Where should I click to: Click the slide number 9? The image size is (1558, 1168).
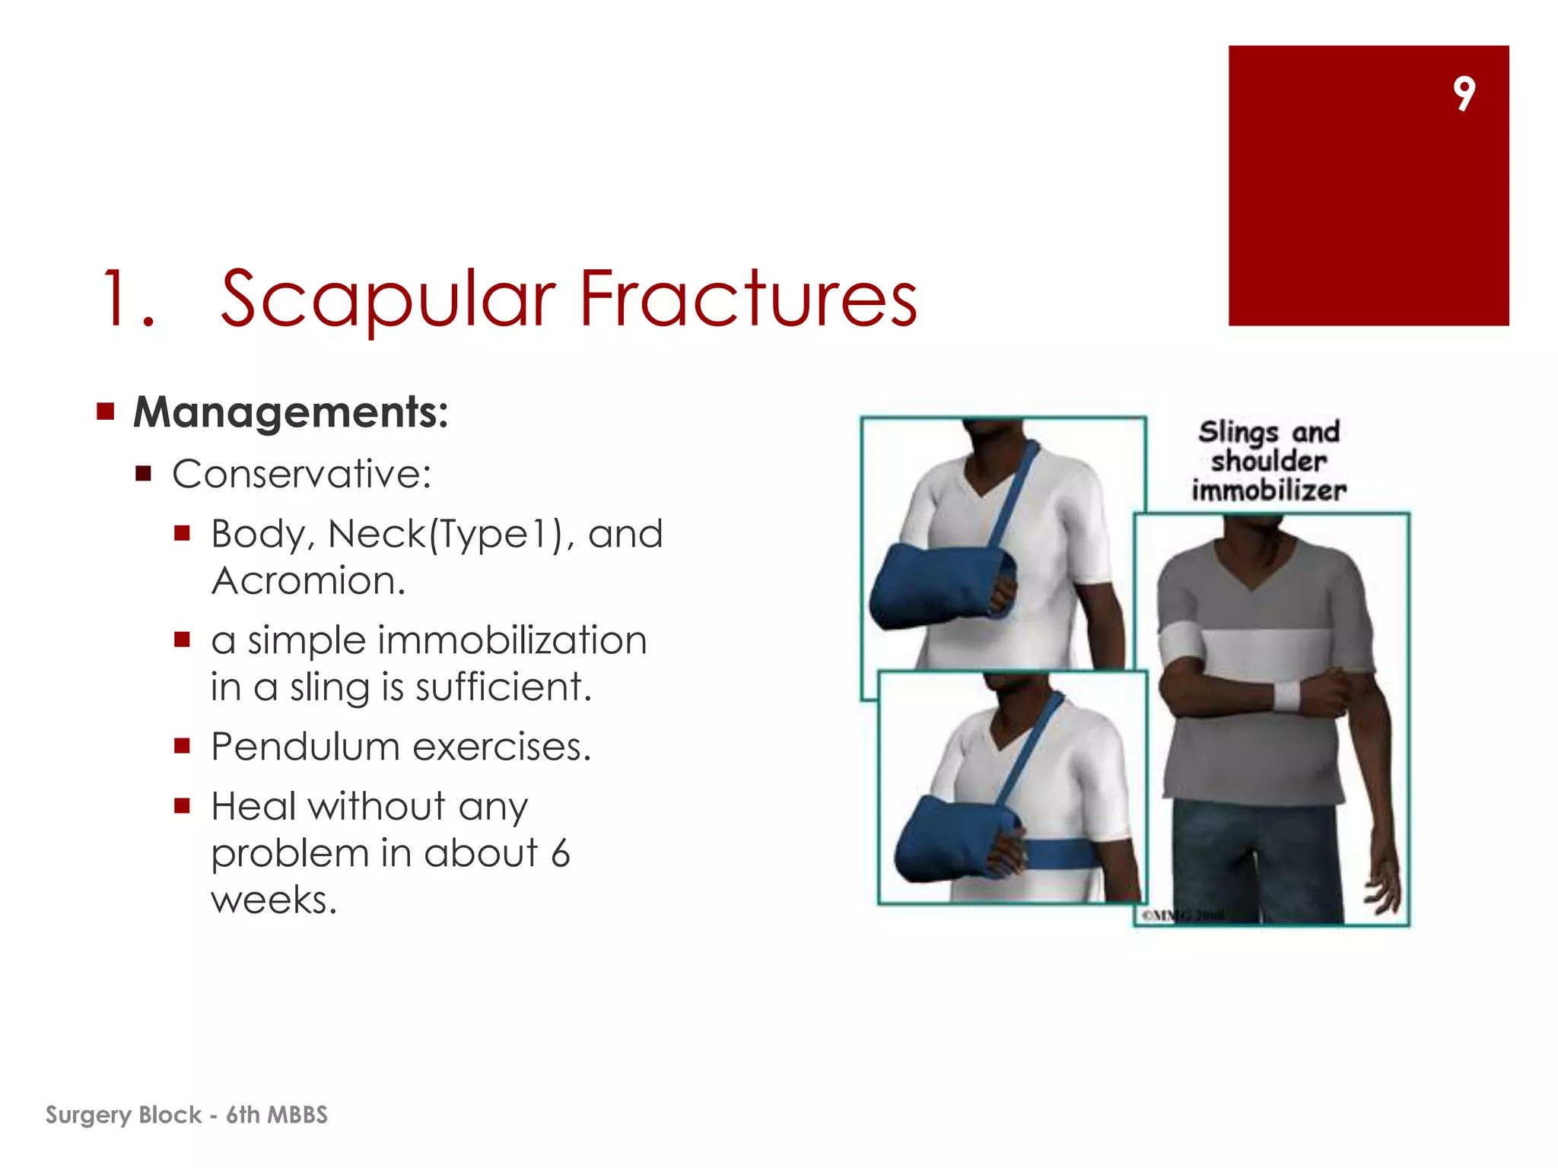tap(1464, 94)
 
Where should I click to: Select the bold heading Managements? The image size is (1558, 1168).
tap(291, 412)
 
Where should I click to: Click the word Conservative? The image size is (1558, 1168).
tap(301, 474)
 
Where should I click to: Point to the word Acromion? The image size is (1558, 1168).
tap(307, 581)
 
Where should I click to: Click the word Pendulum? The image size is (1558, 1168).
tap(304, 747)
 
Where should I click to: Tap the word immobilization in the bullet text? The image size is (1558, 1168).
tap(512, 640)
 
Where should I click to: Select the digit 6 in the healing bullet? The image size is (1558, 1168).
tap(561, 853)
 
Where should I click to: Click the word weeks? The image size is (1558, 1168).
tap(273, 900)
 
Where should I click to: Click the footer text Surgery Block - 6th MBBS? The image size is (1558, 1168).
tap(186, 1115)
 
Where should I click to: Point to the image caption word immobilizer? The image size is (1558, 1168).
tap(1268, 490)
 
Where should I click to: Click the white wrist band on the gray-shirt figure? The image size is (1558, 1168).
tap(1286, 696)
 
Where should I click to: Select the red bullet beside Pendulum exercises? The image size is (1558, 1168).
tap(182, 745)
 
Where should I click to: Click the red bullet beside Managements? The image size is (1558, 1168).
tap(105, 412)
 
